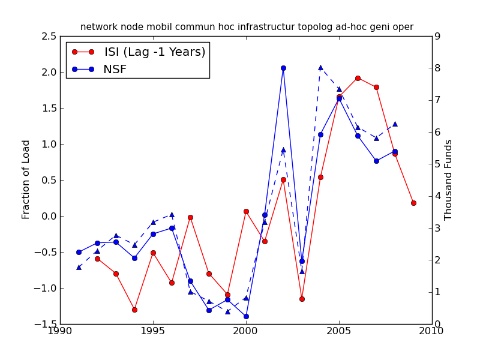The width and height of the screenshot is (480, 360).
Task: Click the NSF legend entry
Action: tap(115, 69)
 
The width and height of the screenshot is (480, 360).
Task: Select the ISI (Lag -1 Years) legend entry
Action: tap(155, 52)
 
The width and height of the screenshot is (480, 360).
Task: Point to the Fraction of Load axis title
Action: tap(26, 179)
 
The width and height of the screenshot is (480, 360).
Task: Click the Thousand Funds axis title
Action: tap(448, 179)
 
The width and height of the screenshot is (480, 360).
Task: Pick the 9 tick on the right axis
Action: tap(438, 37)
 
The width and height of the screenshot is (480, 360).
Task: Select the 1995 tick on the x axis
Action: tap(153, 331)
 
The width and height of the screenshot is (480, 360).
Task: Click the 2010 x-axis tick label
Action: tap(431, 331)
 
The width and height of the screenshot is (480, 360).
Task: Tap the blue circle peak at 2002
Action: tap(283, 68)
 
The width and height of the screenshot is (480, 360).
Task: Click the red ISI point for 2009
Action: tap(413, 203)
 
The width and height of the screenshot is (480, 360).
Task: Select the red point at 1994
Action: tap(134, 310)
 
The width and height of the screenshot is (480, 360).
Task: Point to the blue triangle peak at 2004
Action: tap(320, 68)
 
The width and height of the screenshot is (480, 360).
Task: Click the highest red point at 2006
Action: tap(358, 78)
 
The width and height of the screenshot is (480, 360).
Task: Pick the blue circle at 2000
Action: tap(246, 316)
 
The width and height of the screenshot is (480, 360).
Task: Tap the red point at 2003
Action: tap(302, 299)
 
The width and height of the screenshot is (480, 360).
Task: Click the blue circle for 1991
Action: tap(79, 252)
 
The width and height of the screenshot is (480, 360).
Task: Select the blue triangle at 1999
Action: tap(227, 311)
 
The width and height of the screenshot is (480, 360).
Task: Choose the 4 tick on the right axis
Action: tap(438, 196)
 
